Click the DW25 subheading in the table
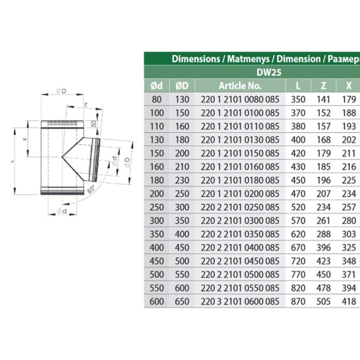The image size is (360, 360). click(x=268, y=73)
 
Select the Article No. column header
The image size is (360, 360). click(x=240, y=86)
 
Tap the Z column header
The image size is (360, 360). click(x=323, y=86)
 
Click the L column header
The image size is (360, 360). click(x=298, y=86)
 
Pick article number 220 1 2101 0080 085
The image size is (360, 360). click(x=240, y=100)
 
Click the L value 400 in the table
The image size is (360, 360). click(x=298, y=140)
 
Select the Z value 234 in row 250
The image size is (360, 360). click(x=323, y=207)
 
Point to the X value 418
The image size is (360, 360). click(x=349, y=301)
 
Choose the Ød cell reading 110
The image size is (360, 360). click(x=157, y=127)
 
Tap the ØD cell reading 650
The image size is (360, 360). click(x=182, y=301)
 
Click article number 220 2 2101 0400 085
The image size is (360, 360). click(x=240, y=248)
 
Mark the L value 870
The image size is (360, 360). click(x=298, y=301)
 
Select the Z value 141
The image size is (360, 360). click(x=323, y=100)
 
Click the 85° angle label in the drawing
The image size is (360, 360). click(x=91, y=189)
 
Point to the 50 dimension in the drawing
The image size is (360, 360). click(x=94, y=124)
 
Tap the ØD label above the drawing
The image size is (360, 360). click(x=61, y=91)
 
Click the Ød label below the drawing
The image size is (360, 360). click(x=62, y=211)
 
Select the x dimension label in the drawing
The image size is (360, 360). click(x=25, y=139)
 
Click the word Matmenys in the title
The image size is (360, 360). click(x=248, y=59)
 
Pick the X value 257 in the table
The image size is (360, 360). click(x=349, y=207)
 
